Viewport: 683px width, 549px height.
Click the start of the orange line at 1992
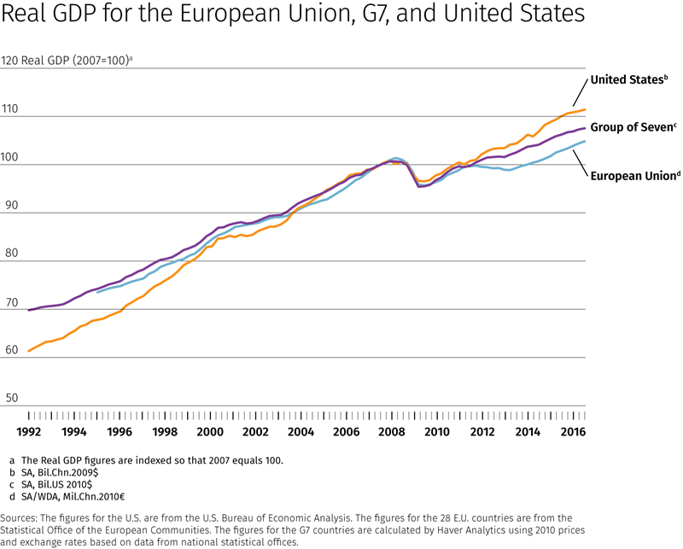[30, 351]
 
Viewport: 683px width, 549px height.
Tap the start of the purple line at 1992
[30, 310]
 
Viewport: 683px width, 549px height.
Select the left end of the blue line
[98, 292]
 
